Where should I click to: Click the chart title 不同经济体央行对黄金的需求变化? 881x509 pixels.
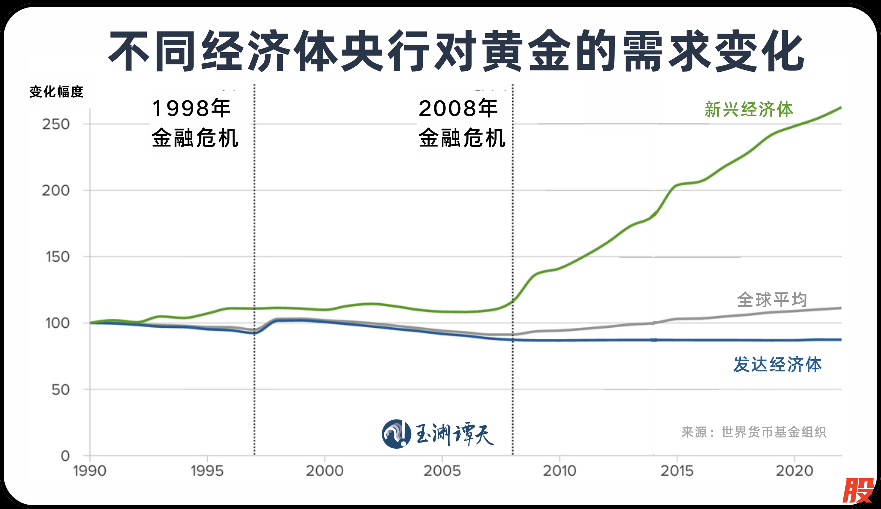[456, 51]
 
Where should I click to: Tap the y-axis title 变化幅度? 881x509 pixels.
[56, 92]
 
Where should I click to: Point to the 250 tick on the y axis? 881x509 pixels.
[56, 124]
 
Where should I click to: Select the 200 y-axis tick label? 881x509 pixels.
[56, 191]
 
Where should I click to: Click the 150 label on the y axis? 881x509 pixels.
[58, 257]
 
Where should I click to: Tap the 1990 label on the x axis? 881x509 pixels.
[90, 471]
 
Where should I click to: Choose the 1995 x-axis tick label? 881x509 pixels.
[207, 471]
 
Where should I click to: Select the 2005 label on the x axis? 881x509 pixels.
[442, 471]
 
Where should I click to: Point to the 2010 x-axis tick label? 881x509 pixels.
[560, 471]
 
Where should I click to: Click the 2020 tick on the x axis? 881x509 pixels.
[795, 471]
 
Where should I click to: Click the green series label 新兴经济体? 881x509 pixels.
[749, 110]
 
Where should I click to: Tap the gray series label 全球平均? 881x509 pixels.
[772, 300]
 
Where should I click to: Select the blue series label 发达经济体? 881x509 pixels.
[778, 365]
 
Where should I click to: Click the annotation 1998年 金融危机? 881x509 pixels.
[195, 123]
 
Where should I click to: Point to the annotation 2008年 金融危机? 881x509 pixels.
[461, 123]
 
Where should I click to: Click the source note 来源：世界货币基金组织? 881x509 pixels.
[754, 432]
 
